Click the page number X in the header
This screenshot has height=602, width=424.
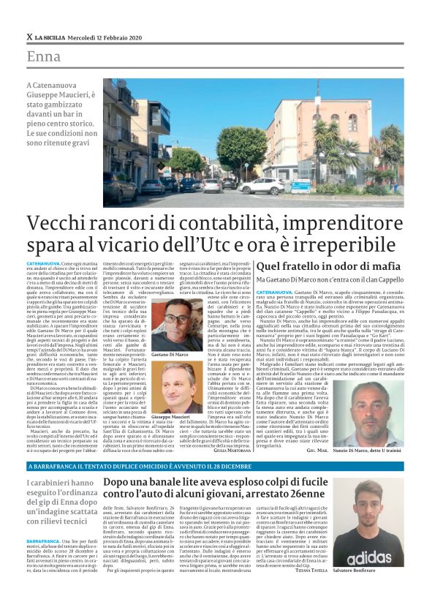pos(29,37)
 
